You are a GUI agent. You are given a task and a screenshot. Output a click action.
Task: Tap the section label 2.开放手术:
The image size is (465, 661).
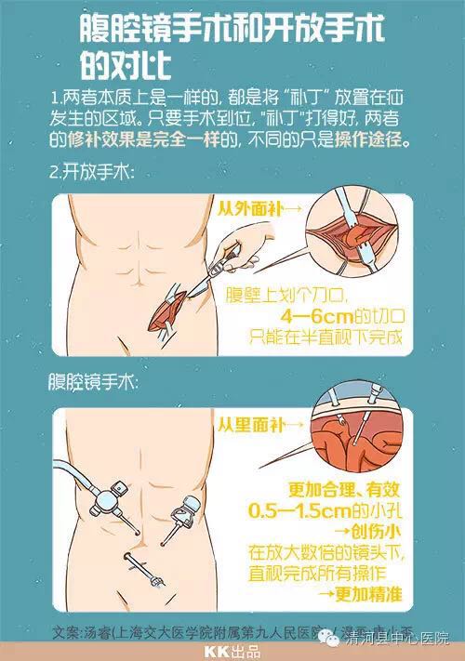[x=92, y=173]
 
